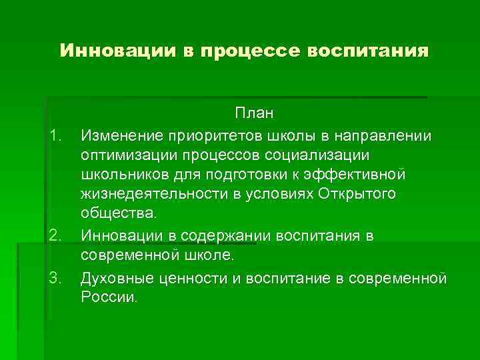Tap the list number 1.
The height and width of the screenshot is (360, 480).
pos(55,136)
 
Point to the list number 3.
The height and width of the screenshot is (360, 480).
pos(55,277)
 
